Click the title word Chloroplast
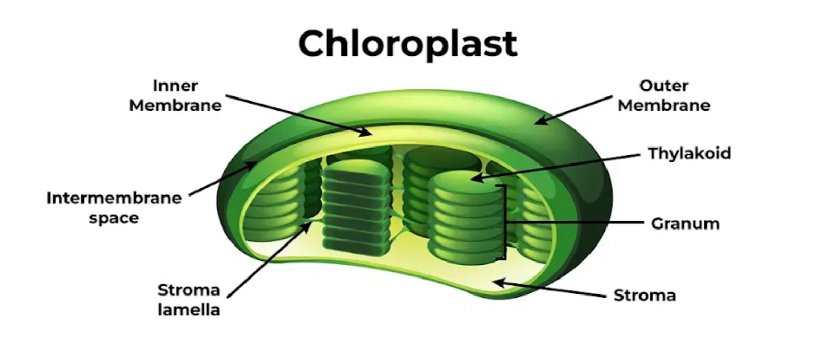(407, 43)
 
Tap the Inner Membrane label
(175, 95)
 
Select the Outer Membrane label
(664, 95)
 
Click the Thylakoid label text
(689, 153)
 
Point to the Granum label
(685, 223)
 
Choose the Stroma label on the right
(645, 295)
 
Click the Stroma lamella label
(189, 300)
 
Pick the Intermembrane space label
(114, 207)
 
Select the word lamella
(189, 309)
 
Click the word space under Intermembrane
(114, 218)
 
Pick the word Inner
(175, 86)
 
